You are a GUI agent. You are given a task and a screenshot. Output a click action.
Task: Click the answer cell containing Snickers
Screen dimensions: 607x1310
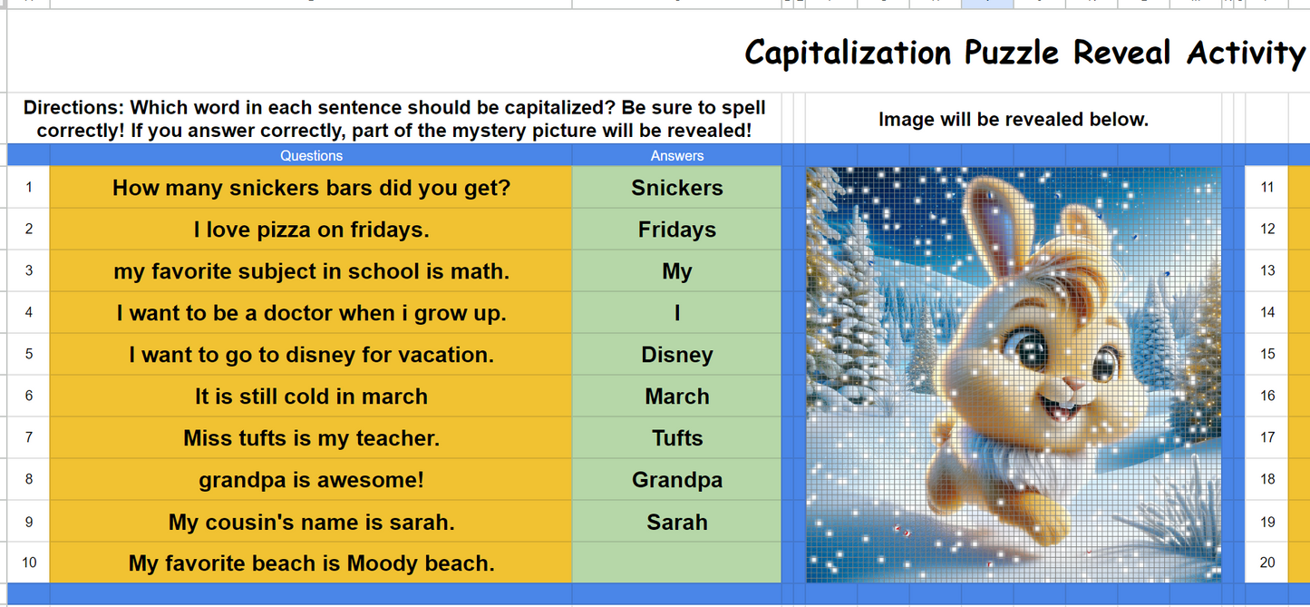(x=676, y=188)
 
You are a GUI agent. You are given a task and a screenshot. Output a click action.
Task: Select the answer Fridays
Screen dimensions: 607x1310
(x=676, y=230)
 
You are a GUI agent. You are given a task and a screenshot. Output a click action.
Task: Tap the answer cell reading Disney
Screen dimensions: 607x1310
(x=676, y=355)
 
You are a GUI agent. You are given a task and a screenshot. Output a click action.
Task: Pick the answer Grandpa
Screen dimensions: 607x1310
(x=676, y=480)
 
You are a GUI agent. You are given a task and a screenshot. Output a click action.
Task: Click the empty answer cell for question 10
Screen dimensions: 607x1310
(x=676, y=563)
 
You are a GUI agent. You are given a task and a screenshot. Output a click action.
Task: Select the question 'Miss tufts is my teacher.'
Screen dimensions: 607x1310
(x=311, y=438)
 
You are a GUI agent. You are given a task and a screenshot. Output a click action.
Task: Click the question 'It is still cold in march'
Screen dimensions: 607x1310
(x=311, y=397)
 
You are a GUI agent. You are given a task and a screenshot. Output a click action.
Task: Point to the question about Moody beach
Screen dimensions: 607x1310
(x=311, y=563)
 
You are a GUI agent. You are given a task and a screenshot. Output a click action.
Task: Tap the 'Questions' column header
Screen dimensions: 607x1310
(x=311, y=156)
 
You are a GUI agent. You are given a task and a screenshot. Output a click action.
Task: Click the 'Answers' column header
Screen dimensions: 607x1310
(x=676, y=156)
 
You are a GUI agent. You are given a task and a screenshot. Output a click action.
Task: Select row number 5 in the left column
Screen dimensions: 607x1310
(x=29, y=354)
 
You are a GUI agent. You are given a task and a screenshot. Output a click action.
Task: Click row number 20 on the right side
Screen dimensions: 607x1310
(x=1267, y=563)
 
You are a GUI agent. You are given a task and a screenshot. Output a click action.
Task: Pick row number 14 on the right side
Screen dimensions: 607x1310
(x=1267, y=312)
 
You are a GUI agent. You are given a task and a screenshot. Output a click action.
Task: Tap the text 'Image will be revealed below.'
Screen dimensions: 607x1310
(x=1013, y=119)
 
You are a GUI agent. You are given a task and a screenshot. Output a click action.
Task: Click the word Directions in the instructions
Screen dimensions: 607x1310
(x=73, y=108)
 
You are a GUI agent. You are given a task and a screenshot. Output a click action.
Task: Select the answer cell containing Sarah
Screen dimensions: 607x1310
(x=676, y=523)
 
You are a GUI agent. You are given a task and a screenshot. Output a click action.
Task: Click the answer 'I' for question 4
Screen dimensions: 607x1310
(x=676, y=313)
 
